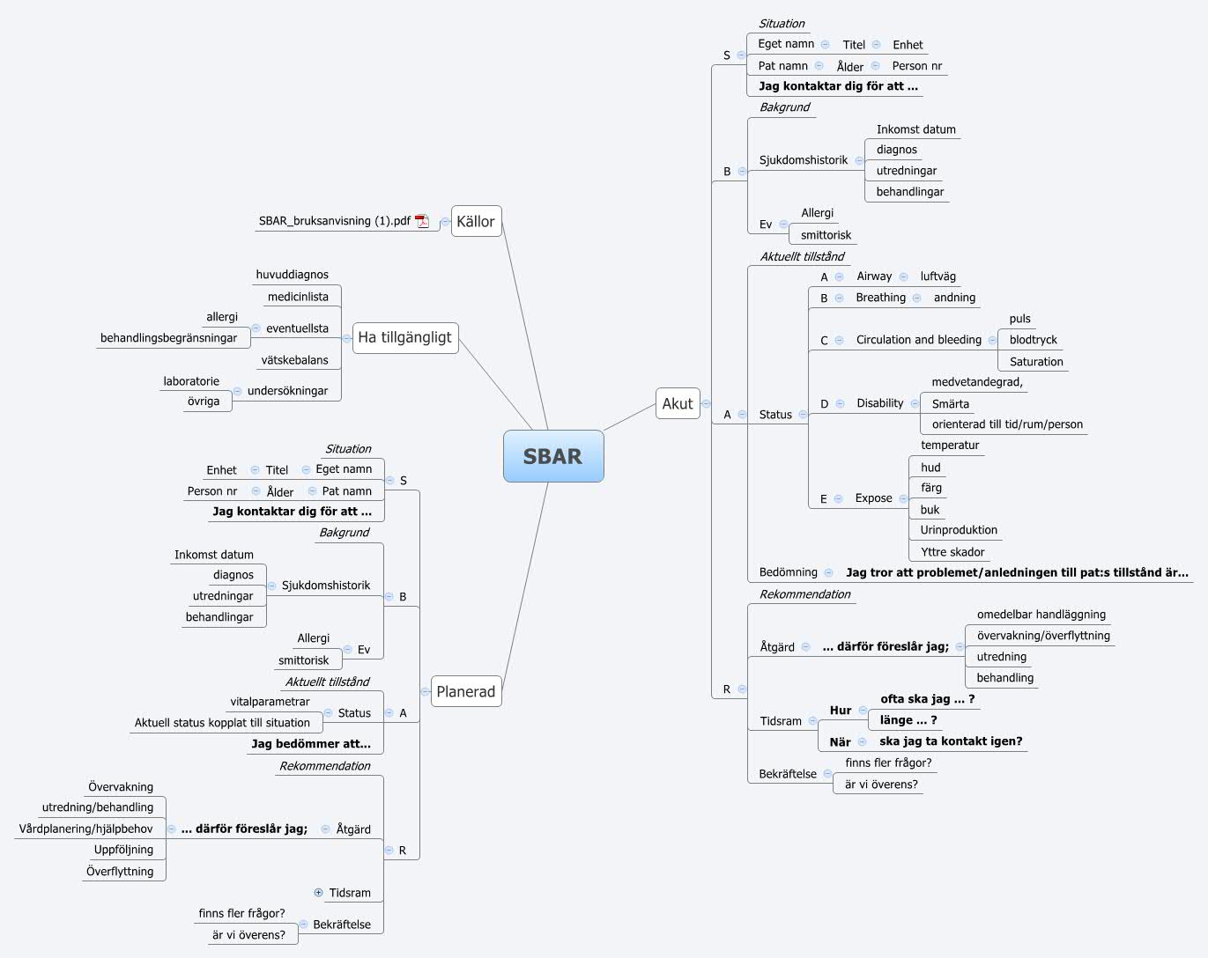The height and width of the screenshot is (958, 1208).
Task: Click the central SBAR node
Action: [553, 456]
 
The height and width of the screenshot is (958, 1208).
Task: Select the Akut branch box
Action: [678, 403]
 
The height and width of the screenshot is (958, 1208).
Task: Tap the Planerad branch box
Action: [465, 691]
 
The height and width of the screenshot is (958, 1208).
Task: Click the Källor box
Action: [476, 221]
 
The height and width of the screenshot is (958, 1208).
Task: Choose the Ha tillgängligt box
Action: [404, 337]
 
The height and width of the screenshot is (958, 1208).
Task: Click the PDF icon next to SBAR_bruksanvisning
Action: [422, 221]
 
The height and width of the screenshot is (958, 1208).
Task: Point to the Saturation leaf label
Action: [1036, 362]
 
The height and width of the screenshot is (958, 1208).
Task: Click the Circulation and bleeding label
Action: [918, 340]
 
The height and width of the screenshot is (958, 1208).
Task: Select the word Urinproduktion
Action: [959, 530]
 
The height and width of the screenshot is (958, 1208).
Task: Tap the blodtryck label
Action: [1033, 340]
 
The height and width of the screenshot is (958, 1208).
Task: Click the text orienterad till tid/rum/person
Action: [1007, 424]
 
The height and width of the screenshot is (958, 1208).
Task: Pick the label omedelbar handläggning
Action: [1041, 615]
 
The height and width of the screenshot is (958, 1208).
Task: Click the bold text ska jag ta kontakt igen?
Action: [951, 741]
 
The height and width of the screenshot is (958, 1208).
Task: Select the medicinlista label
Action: [298, 297]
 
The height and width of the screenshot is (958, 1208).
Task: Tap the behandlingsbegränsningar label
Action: [168, 338]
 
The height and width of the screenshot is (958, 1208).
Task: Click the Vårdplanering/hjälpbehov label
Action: [85, 829]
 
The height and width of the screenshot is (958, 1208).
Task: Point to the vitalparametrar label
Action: [270, 702]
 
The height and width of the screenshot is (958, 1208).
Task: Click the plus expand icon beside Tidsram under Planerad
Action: [318, 892]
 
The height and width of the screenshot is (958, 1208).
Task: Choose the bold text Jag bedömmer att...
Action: [310, 744]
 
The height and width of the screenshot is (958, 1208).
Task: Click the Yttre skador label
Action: [952, 552]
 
